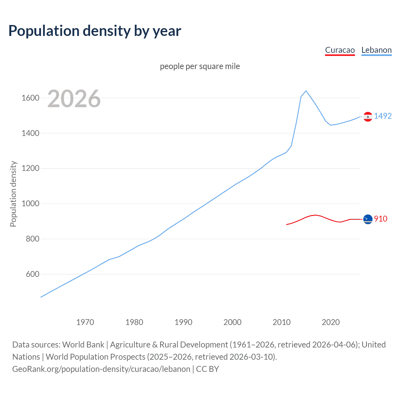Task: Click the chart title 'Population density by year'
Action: click(95, 31)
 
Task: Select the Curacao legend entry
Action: click(340, 50)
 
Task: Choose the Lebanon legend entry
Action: click(376, 50)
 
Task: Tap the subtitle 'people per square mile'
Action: click(200, 66)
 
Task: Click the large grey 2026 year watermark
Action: click(74, 99)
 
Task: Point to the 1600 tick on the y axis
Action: click(30, 98)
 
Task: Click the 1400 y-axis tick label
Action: click(30, 133)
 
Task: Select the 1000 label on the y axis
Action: click(30, 203)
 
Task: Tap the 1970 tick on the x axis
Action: click(85, 322)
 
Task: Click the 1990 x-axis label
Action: click(183, 322)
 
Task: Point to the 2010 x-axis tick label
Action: click(282, 322)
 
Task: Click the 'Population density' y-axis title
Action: click(13, 194)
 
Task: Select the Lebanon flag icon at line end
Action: click(368, 117)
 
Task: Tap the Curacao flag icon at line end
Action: click(368, 219)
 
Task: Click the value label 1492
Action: click(383, 116)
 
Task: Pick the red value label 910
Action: click(381, 219)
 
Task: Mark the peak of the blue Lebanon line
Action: click(306, 91)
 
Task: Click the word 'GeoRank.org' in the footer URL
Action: click(36, 369)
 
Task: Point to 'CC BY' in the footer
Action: click(207, 369)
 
